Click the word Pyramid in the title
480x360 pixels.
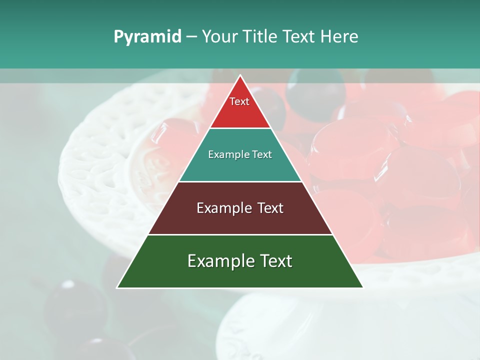click(147, 37)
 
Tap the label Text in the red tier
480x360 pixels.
click(239, 101)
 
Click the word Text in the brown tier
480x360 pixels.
click(270, 208)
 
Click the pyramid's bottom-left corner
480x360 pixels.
click(117, 287)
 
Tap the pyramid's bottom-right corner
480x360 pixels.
click(362, 287)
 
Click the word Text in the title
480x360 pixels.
click(298, 37)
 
